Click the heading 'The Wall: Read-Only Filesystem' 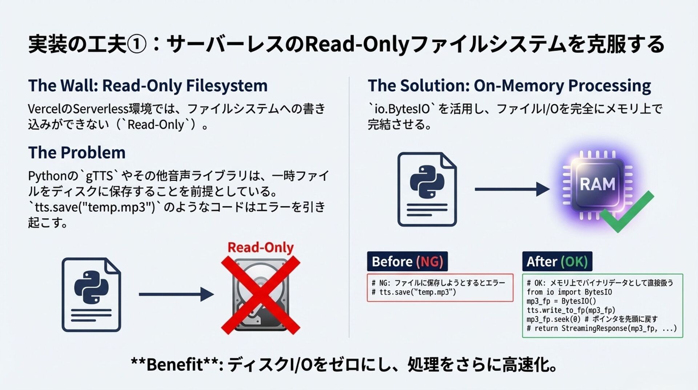click(148, 86)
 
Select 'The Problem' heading click(77, 153)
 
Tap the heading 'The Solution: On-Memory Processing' click(509, 86)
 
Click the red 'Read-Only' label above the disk click(260, 247)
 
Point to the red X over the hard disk click(260, 295)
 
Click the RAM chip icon click(597, 185)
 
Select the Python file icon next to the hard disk click(91, 295)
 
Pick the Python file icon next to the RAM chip click(427, 189)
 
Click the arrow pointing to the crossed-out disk click(176, 294)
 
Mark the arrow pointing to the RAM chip click(512, 189)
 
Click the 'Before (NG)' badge click(407, 261)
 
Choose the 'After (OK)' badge click(557, 261)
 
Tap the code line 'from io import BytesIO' click(569, 292)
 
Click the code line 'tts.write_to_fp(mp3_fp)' click(571, 310)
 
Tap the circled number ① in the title click(137, 44)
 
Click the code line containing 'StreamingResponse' click(602, 329)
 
